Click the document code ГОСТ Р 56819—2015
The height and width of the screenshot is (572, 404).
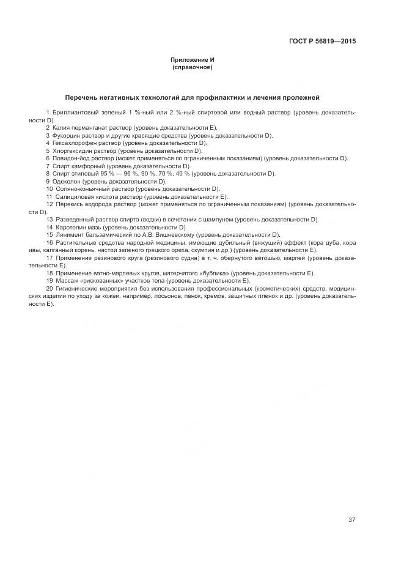point(322,42)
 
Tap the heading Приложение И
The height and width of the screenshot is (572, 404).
point(193,59)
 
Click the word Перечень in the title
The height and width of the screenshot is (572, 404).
point(84,97)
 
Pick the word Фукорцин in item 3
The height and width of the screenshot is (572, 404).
point(66,135)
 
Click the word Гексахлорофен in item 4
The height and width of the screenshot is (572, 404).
point(73,143)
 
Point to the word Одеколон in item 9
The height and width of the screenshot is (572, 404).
point(66,181)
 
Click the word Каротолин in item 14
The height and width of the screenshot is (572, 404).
point(69,227)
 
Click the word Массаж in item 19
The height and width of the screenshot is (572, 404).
point(65,281)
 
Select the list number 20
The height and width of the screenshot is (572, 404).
point(49,288)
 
